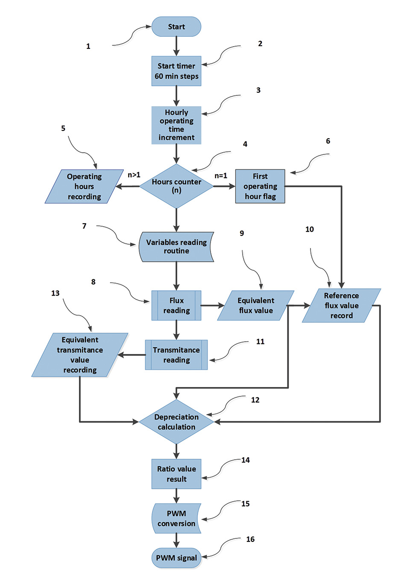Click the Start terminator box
click(x=176, y=27)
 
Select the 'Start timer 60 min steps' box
click(x=176, y=71)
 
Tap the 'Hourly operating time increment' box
click(x=176, y=125)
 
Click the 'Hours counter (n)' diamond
click(x=176, y=186)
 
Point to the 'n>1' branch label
click(x=134, y=174)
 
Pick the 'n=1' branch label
click(x=221, y=175)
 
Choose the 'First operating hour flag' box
click(x=260, y=186)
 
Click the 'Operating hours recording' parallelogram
click(x=84, y=186)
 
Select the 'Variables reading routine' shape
click(x=176, y=247)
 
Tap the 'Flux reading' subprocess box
click(x=176, y=305)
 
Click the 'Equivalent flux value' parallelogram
click(x=256, y=305)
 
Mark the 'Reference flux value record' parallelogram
click(x=341, y=305)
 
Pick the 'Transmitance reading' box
click(x=176, y=355)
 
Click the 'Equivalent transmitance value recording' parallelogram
click(x=80, y=355)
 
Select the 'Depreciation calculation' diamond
click(x=176, y=422)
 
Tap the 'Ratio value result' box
click(x=176, y=474)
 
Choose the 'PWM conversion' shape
click(x=176, y=518)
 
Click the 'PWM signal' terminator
click(x=176, y=558)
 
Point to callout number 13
click(x=56, y=293)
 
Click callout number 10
click(x=310, y=229)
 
